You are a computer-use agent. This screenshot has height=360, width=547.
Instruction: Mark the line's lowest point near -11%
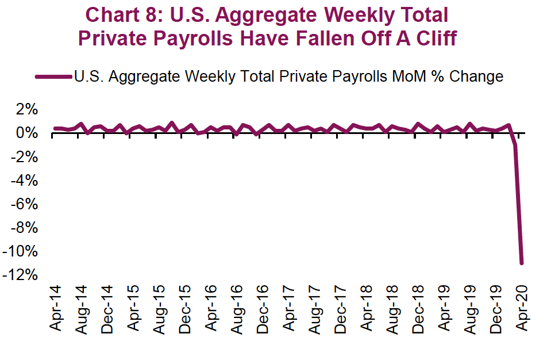[x=522, y=263]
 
